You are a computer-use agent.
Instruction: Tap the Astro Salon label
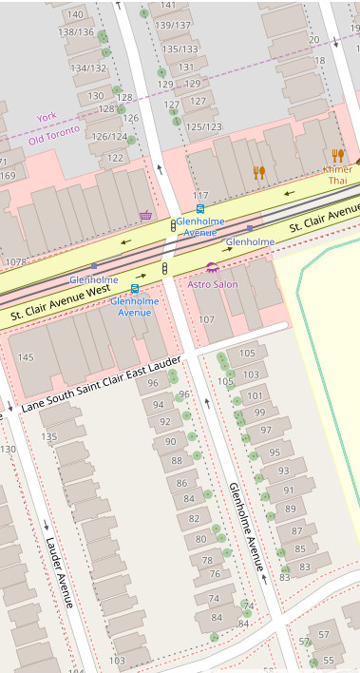[213, 284]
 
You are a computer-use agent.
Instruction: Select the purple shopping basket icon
[145, 216]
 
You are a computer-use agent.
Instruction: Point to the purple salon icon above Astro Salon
[212, 268]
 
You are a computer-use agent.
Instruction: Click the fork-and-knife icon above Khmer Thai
[337, 155]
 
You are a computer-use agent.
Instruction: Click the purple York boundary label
[47, 117]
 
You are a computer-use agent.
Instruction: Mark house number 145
[26, 357]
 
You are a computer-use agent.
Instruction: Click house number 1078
[15, 261]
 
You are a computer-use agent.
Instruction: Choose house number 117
[200, 195]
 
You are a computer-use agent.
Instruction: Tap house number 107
[206, 318]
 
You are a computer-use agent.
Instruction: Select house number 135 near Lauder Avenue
[48, 436]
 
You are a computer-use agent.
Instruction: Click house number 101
[255, 395]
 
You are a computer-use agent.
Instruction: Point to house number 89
[291, 510]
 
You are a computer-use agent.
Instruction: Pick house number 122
[115, 158]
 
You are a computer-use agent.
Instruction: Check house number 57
[324, 634]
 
